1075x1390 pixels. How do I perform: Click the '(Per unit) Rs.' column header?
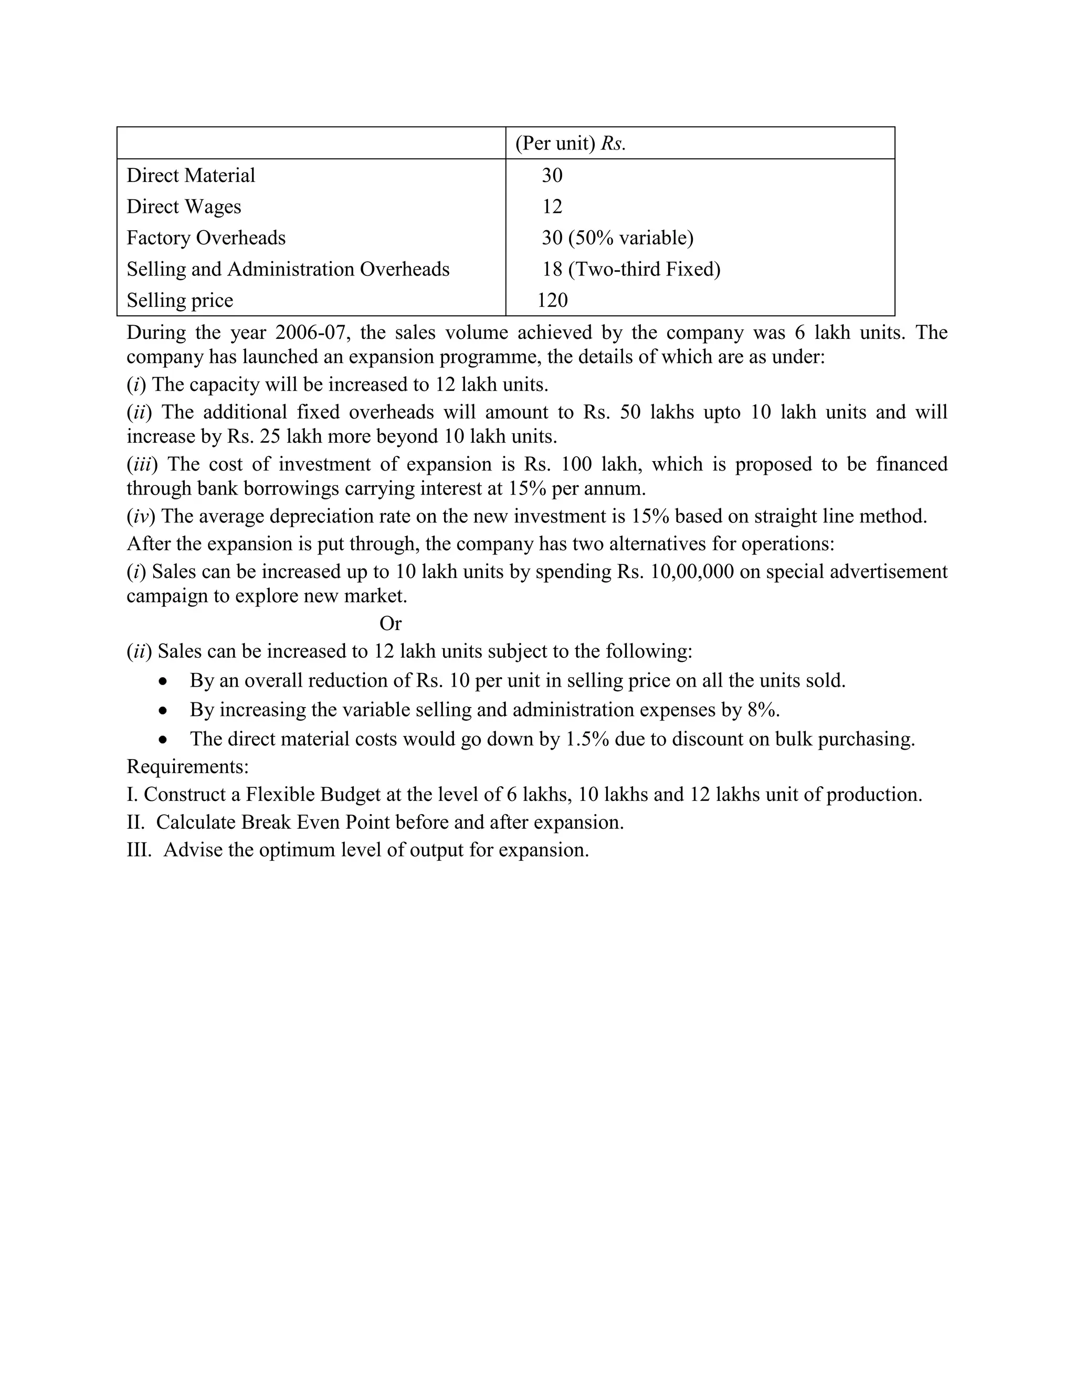tap(570, 143)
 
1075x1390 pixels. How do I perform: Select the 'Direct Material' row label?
tap(191, 175)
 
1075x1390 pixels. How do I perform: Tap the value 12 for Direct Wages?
tap(552, 206)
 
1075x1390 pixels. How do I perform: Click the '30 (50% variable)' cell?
tap(617, 238)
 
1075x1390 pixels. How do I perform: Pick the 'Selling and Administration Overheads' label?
tap(288, 269)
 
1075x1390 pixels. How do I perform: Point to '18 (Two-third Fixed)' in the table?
tap(631, 269)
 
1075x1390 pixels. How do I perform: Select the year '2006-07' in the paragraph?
tap(313, 332)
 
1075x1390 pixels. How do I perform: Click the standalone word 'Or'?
tap(391, 623)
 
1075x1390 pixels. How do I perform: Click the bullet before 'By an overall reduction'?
tap(164, 681)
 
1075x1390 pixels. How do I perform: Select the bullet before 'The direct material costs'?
tap(164, 740)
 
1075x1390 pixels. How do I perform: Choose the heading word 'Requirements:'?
tap(187, 766)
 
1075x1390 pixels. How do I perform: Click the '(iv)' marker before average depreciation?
tap(141, 516)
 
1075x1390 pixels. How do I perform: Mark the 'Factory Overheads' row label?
tap(206, 238)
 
